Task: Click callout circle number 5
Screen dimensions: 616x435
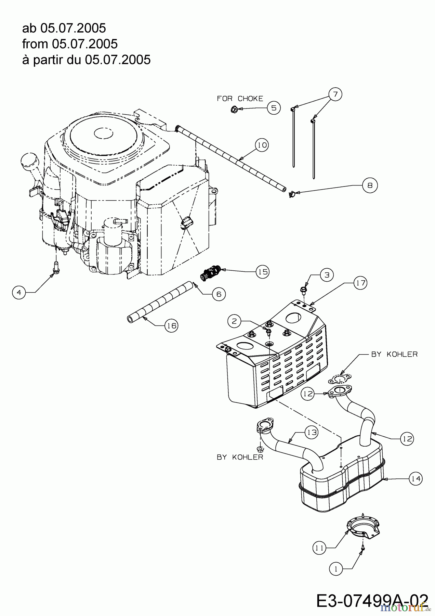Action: coord(274,108)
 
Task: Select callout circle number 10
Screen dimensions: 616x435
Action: coord(262,145)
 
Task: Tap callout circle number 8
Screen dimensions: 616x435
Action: coord(370,185)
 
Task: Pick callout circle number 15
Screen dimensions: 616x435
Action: coord(262,272)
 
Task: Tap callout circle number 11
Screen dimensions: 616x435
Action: coord(319,548)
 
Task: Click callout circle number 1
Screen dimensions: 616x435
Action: coord(336,569)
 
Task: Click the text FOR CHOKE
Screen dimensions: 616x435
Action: coord(240,99)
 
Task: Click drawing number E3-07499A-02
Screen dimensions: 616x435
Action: coord(372,600)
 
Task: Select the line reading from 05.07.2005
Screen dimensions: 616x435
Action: coord(70,43)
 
